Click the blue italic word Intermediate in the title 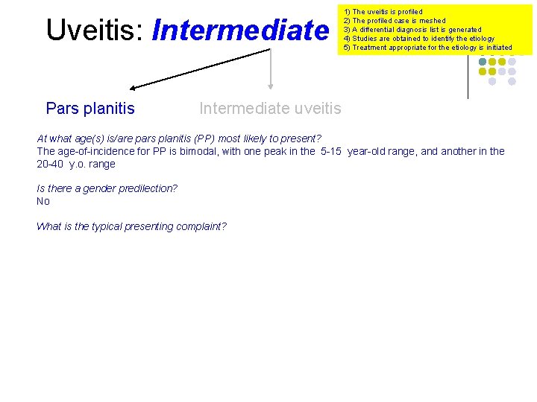[x=239, y=31]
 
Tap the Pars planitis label [x=90, y=109]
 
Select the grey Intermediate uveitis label [x=270, y=109]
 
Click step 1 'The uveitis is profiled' [x=383, y=12]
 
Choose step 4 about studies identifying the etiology [x=418, y=39]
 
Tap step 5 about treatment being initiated [x=427, y=48]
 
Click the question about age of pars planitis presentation [x=179, y=138]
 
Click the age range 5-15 [x=331, y=151]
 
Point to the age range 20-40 [x=51, y=164]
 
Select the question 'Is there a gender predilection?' [x=107, y=188]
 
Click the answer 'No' [x=43, y=201]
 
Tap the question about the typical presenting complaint [x=131, y=226]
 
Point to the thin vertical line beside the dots [x=468, y=78]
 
